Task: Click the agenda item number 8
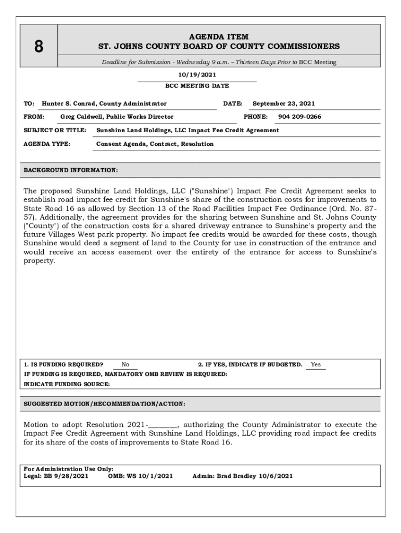click(x=39, y=47)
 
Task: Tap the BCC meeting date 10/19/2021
click(x=197, y=75)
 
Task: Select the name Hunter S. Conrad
click(x=69, y=104)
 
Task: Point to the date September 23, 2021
click(x=283, y=104)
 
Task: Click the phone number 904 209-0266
click(x=299, y=117)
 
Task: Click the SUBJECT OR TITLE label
click(x=55, y=130)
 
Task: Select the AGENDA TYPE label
click(x=47, y=144)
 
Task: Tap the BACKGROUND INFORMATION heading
click(x=71, y=170)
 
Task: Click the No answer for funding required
click(x=126, y=365)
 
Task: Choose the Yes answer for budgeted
click(x=316, y=364)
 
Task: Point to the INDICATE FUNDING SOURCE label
click(x=67, y=384)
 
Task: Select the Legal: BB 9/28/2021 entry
click(x=56, y=476)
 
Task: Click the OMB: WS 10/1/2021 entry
click(x=140, y=476)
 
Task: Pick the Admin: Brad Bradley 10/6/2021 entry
click(x=242, y=476)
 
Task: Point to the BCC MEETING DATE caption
click(x=197, y=86)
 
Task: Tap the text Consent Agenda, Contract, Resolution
click(x=155, y=144)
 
